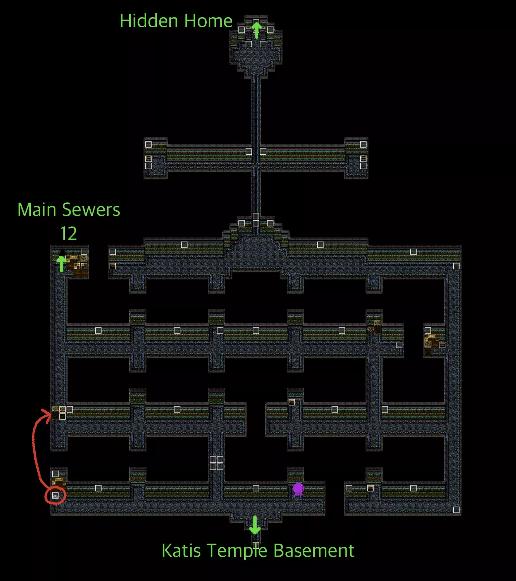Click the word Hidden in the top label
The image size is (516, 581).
point(150,21)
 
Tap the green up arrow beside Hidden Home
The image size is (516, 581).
point(256,29)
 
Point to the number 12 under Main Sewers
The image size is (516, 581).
point(68,234)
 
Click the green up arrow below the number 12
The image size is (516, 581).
point(62,264)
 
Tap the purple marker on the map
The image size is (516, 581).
point(298,489)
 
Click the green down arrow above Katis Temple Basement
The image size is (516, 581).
point(255,525)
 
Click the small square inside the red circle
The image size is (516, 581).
point(56,495)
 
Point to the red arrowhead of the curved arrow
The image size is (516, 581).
point(47,416)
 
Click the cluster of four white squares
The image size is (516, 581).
point(217,463)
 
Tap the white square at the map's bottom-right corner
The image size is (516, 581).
point(456,510)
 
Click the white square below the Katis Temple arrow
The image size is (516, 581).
point(256,545)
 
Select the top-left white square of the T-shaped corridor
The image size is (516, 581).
point(148,144)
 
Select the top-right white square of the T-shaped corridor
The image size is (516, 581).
point(363,144)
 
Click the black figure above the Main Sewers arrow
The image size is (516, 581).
point(62,253)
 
